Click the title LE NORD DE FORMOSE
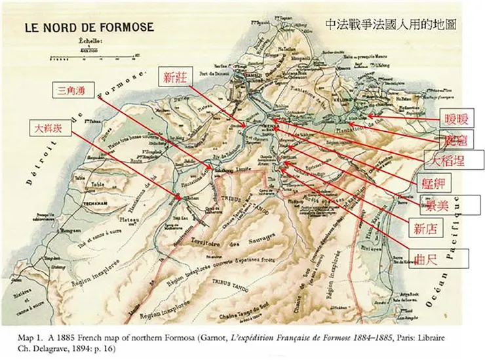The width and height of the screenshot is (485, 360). coord(88,28)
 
